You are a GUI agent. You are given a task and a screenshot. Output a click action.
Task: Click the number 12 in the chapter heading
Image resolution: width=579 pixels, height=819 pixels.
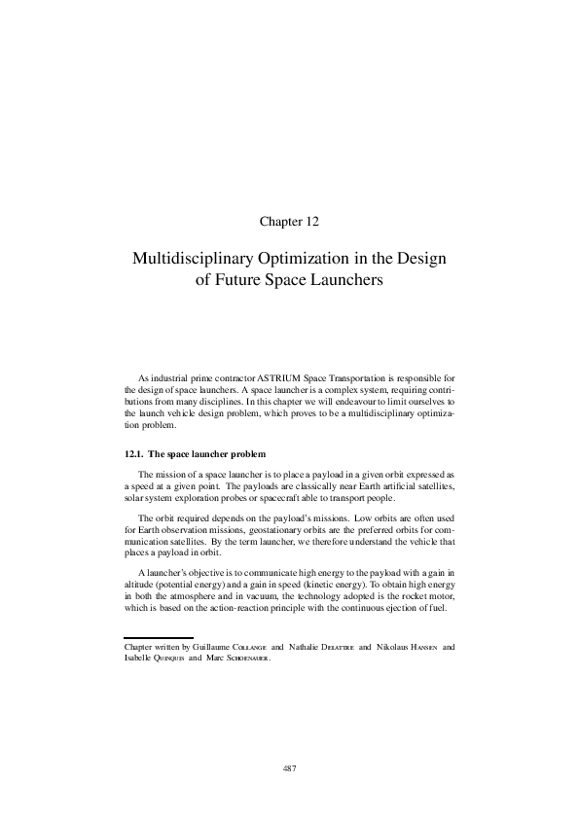coord(311,221)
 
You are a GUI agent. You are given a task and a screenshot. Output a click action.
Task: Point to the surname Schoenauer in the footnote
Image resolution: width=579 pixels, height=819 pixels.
coord(241,658)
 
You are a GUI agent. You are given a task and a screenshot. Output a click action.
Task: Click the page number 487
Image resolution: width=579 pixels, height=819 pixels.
coord(289,768)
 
